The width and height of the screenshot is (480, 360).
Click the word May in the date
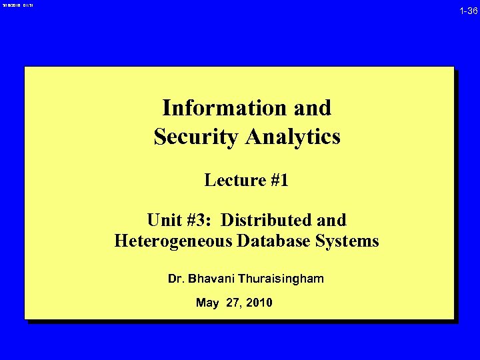click(207, 303)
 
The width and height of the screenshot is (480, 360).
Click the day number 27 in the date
click(234, 303)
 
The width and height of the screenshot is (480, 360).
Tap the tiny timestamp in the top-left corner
click(15, 5)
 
